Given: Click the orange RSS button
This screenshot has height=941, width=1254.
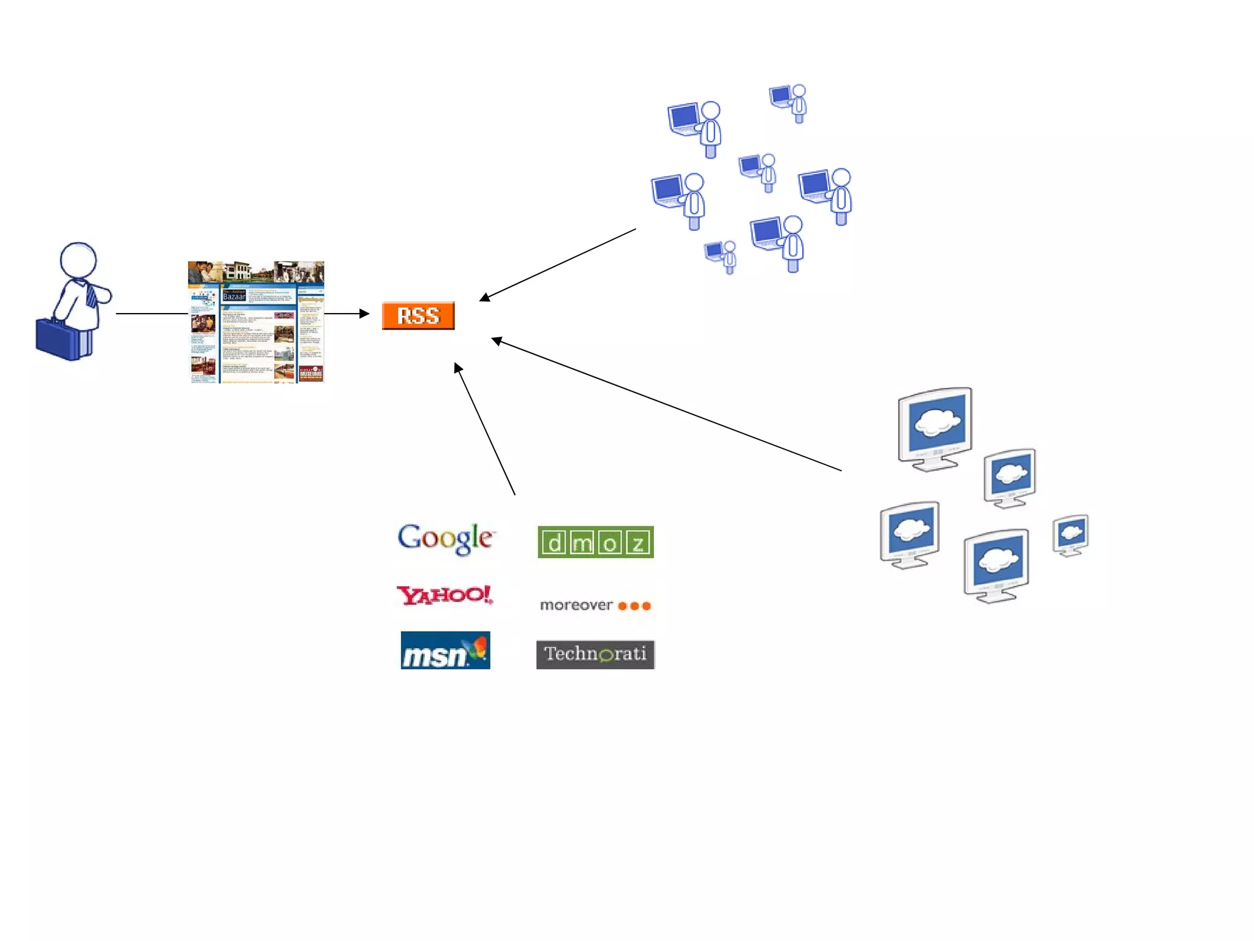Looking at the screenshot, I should [418, 316].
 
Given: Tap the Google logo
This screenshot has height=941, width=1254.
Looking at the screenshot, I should [445, 539].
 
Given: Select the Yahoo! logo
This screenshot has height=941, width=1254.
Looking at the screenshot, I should [445, 594].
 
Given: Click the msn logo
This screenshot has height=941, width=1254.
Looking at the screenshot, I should [445, 651].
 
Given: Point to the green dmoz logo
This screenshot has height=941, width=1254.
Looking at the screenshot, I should [595, 542].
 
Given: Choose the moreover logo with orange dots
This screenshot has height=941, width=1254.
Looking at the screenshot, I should [595, 605].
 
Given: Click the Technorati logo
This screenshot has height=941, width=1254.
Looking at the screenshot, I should [595, 654].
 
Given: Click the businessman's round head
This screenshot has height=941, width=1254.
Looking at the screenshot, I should [78, 260].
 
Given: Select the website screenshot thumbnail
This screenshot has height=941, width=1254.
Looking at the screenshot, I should [256, 322].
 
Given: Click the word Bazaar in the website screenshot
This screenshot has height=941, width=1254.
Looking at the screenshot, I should [234, 297].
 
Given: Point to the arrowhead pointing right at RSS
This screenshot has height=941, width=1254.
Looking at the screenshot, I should [365, 314].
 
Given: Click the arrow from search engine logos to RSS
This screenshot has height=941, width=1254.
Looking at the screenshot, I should [485, 429].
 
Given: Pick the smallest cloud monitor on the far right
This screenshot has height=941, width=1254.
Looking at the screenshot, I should [1071, 535].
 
